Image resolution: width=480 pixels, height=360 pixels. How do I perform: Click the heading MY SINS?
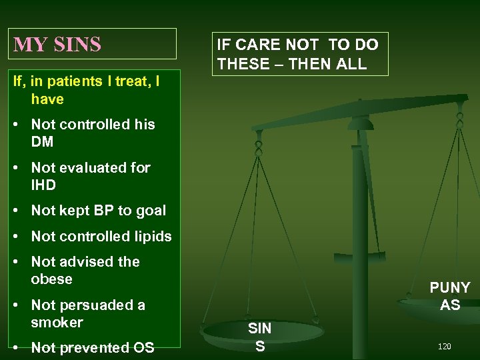click(57, 44)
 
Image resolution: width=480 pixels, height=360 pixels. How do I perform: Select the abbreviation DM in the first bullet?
click(42, 141)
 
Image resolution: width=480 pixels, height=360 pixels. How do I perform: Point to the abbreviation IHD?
click(45, 185)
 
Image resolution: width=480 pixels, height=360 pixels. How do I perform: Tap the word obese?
click(51, 279)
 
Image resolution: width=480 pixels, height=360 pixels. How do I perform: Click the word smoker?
click(57, 322)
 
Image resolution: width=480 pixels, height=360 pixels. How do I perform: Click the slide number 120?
click(445, 347)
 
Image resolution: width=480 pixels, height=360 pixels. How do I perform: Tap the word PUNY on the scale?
click(449, 287)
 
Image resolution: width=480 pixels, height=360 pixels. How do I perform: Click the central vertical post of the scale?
click(359, 233)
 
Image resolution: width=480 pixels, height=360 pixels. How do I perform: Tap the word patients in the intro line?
click(65, 81)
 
